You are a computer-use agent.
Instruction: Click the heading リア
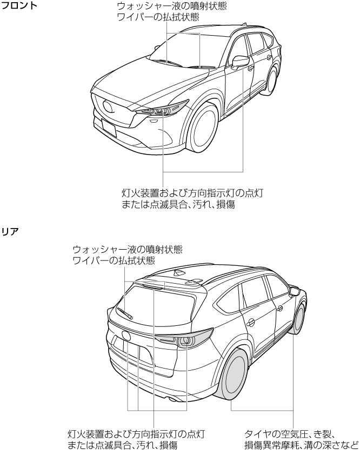tap(11, 231)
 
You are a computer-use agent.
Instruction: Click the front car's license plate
tap(109, 129)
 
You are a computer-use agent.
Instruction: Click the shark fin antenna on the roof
tap(179, 273)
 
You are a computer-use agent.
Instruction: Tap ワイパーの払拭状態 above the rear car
tap(114, 260)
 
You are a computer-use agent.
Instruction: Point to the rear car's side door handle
tap(251, 323)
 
